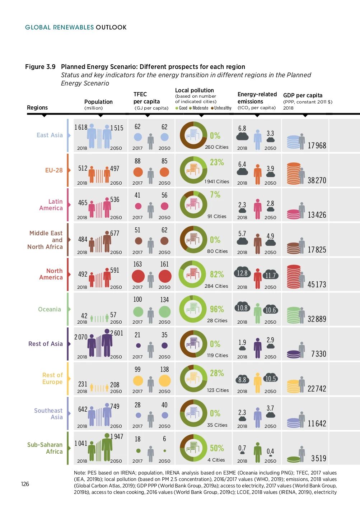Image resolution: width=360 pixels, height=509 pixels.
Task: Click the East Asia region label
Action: [x=50, y=135]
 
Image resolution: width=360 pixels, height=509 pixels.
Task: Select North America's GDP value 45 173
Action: [x=317, y=284]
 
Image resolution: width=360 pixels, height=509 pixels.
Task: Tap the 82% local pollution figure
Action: [x=217, y=274]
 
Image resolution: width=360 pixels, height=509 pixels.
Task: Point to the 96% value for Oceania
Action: [x=217, y=309]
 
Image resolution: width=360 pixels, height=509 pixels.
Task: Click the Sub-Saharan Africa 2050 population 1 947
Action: [x=117, y=436]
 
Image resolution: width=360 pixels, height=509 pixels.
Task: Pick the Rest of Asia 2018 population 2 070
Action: [x=81, y=337]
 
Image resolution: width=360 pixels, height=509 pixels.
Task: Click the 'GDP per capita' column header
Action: [x=303, y=95]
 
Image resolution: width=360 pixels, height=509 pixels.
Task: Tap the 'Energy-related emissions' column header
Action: [x=257, y=98]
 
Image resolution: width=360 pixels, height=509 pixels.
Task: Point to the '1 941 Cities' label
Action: [x=217, y=181]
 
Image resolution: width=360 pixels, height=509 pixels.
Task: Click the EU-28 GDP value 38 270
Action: [x=317, y=180]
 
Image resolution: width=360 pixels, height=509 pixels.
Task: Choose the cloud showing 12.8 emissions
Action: [x=242, y=273]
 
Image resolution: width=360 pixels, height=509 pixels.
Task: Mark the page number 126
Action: [x=25, y=484]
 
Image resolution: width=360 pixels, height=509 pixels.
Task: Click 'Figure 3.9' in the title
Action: [x=40, y=67]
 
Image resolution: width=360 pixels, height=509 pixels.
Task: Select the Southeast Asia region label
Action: [x=48, y=414]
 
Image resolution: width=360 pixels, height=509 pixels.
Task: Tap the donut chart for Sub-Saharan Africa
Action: [x=193, y=448]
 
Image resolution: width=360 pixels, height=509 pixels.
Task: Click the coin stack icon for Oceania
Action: [x=294, y=315]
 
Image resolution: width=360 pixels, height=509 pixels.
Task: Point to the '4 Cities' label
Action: [x=216, y=460]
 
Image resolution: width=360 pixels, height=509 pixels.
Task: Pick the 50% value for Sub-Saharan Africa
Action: [x=217, y=448]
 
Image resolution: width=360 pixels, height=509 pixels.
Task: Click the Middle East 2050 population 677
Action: [x=114, y=233]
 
